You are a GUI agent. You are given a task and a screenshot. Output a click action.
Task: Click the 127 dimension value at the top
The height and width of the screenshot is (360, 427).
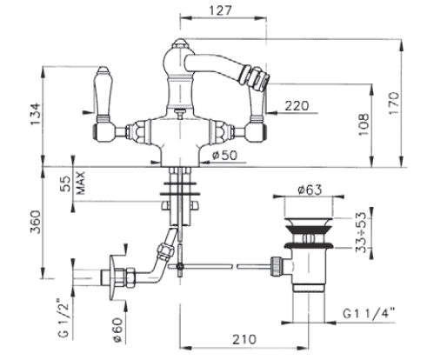221,10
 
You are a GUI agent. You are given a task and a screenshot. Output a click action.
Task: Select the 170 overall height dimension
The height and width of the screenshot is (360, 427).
394,103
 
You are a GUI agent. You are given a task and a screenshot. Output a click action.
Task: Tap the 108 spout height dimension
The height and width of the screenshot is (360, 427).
364,124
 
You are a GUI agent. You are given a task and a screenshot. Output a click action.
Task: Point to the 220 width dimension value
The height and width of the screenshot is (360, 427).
297,106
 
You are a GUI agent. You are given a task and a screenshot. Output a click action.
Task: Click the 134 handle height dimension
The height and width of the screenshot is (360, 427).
36,114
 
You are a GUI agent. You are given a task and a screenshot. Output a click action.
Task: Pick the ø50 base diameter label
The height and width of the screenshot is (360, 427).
224,155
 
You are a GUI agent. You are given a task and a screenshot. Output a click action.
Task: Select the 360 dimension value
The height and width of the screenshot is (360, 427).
36,222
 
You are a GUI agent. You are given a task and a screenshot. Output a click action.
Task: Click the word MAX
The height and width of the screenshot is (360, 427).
81,183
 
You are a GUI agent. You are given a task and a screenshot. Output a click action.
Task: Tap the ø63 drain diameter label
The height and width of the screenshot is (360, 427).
310,190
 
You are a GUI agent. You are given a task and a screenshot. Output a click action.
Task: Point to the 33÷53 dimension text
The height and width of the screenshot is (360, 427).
361,232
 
